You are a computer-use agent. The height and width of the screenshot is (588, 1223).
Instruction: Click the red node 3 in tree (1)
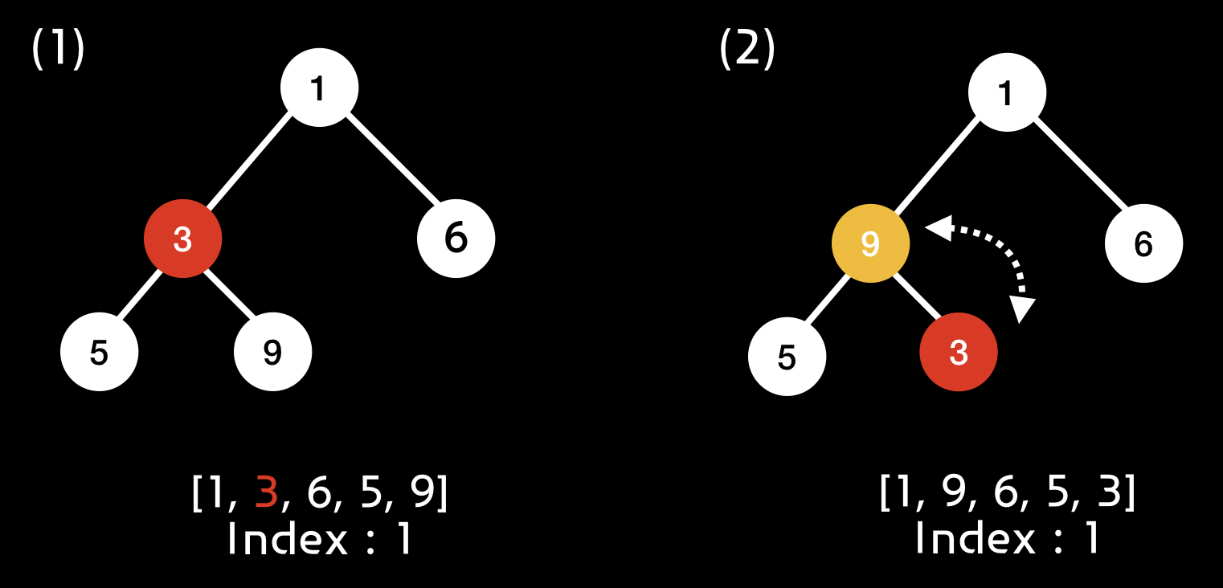pos(182,239)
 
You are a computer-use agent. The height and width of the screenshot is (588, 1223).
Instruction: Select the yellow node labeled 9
pos(870,243)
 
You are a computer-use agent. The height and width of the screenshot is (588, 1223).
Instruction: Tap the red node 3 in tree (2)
pos(959,353)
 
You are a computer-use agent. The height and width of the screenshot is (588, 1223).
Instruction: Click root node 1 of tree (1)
pos(319,88)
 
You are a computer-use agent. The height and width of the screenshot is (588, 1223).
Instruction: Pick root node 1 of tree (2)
pos(1007,92)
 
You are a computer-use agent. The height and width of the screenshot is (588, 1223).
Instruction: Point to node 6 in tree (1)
pos(456,239)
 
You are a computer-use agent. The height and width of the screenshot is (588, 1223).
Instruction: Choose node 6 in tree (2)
pos(1143,243)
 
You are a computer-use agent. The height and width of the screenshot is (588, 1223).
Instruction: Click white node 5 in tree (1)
pos(100,352)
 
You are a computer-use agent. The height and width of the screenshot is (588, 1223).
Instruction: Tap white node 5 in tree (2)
pos(787,357)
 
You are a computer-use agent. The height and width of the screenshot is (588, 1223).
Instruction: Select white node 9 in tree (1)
pos(272,352)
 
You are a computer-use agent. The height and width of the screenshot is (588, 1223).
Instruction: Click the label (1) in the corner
pos(58,50)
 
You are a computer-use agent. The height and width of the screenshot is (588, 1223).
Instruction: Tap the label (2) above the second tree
pos(746,50)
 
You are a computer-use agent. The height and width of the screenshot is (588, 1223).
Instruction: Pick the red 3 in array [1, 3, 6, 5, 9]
pos(266,492)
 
